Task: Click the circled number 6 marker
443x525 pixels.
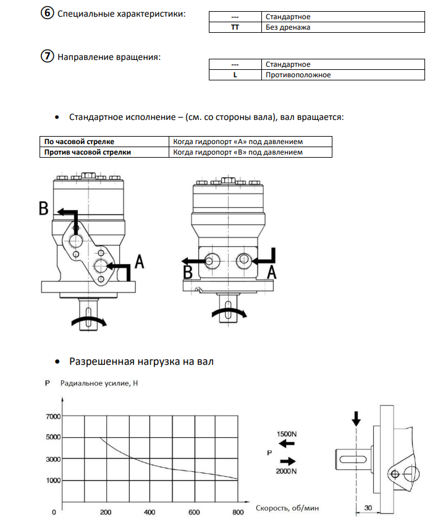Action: tap(47, 13)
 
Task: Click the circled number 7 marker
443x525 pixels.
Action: tap(47, 57)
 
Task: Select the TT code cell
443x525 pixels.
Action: tap(234, 27)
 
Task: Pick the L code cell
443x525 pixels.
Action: tap(234, 75)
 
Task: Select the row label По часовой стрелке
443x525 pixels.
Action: tap(80, 142)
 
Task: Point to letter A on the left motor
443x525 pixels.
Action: tap(139, 263)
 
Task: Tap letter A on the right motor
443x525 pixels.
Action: tap(271, 271)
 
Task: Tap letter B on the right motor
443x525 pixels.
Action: tap(187, 271)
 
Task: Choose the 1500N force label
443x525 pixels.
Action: tap(287, 435)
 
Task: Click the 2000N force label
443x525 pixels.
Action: tap(287, 471)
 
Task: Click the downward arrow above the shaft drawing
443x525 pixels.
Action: tap(355, 418)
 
